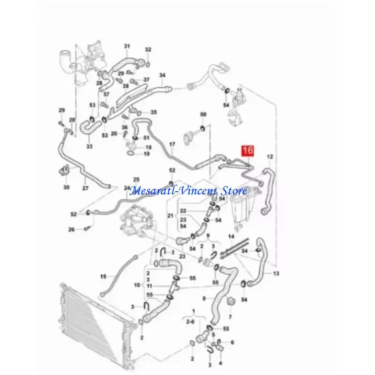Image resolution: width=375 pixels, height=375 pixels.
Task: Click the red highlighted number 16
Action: coord(247,151)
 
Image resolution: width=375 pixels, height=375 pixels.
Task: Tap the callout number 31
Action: coord(127,46)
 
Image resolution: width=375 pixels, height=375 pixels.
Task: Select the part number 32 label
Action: coord(148,49)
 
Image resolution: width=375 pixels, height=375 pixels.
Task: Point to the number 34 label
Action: coord(162,75)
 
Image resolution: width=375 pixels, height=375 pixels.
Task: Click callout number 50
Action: coord(203,114)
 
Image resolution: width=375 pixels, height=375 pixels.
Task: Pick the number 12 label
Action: coord(270,156)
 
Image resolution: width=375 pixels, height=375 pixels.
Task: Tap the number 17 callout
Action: coord(172,144)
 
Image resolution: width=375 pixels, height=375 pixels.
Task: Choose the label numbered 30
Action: coord(66,187)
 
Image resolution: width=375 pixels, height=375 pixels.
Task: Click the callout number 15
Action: coord(103,277)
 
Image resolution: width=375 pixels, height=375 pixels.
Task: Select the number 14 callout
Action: coord(231,237)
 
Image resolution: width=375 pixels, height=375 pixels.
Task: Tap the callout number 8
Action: coord(204,298)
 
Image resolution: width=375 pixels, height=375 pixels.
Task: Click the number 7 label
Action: coord(230,317)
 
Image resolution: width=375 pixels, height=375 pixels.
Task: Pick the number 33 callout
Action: coord(89,146)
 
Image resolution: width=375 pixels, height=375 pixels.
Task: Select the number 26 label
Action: coord(71,229)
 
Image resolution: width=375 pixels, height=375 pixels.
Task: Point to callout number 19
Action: coord(146,153)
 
